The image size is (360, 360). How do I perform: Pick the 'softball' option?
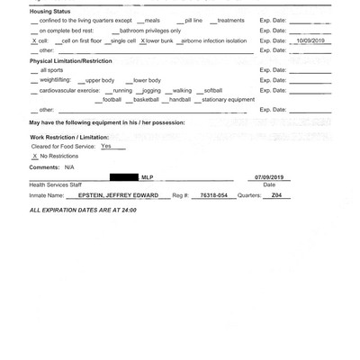coord(212,90)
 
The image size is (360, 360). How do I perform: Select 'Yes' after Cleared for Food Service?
coord(106,146)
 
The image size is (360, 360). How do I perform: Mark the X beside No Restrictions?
coord(34,156)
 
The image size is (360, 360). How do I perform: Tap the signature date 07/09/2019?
coord(269,178)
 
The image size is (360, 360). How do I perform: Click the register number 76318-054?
coord(214,194)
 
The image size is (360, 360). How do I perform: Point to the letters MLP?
coord(147,178)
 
